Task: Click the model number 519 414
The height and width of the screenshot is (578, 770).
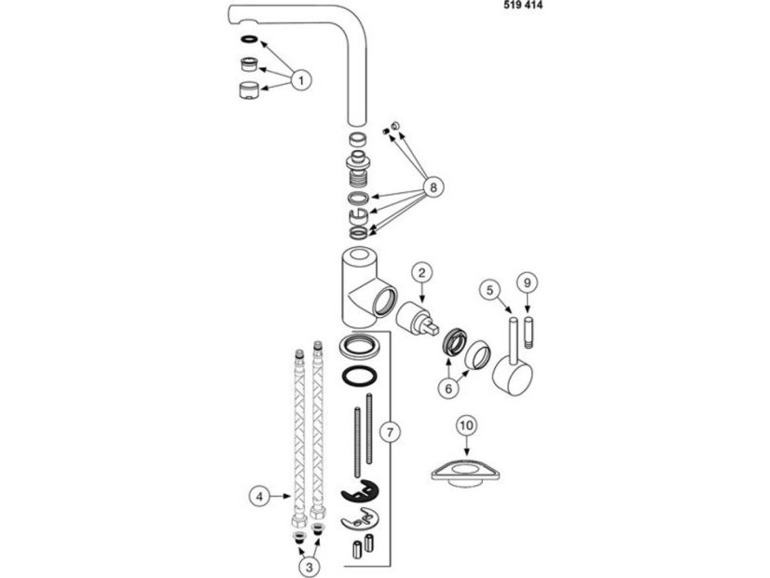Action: click(x=523, y=6)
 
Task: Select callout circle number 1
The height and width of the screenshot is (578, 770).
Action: click(x=301, y=79)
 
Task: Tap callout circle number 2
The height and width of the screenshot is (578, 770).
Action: click(x=422, y=273)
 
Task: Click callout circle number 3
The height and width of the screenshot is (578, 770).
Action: click(x=309, y=567)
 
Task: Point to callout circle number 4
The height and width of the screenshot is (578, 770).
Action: click(x=259, y=496)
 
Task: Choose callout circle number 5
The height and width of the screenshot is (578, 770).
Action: click(x=489, y=290)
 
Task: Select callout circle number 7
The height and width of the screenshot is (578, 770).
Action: click(x=390, y=433)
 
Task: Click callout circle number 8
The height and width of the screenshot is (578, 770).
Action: click(x=433, y=186)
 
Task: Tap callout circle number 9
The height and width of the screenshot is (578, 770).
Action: click(x=528, y=282)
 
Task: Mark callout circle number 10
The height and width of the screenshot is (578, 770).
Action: click(x=466, y=425)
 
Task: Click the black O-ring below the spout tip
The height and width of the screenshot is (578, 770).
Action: click(x=249, y=39)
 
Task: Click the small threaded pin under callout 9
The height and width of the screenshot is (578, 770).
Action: click(x=528, y=334)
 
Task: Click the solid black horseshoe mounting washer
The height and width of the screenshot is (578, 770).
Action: click(x=359, y=491)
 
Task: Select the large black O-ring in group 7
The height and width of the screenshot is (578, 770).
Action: click(x=360, y=377)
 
